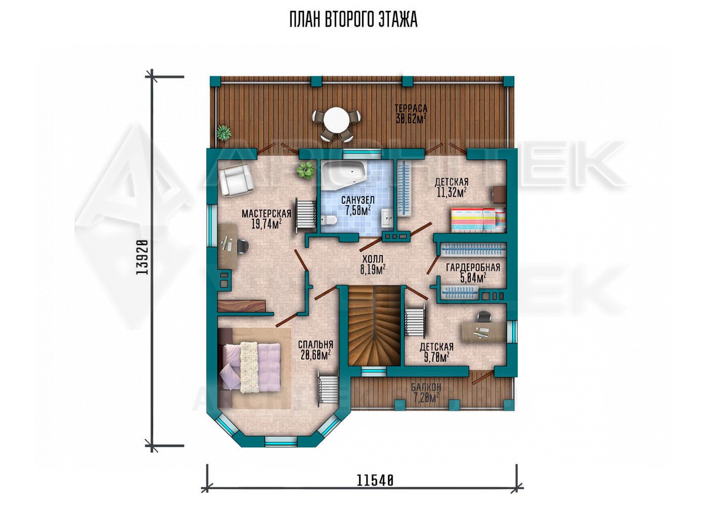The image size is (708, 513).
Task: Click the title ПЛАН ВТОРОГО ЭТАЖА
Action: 353,20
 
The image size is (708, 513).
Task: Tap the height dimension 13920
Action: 143,261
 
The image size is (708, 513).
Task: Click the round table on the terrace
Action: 336,120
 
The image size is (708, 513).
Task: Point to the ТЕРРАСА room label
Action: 411,108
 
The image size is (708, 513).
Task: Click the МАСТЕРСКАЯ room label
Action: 266,214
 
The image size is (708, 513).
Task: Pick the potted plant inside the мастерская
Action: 305,171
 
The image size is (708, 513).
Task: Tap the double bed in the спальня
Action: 250,368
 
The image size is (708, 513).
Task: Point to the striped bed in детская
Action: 477,220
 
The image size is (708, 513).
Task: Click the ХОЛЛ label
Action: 372,259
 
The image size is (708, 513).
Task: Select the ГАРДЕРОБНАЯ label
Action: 473,267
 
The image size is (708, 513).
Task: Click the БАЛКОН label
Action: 426,387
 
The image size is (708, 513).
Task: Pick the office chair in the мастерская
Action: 243,246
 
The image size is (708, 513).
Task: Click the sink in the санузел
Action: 387,218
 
